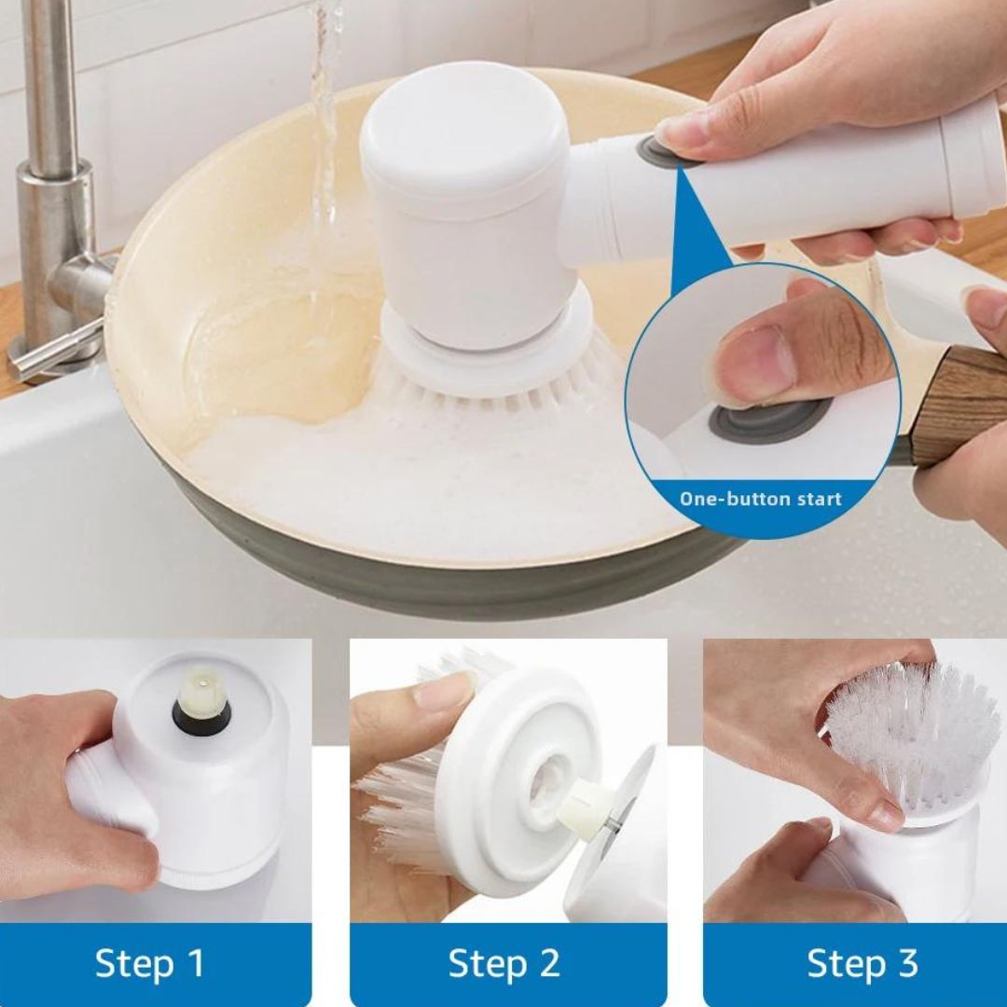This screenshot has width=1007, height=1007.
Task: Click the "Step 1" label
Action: pyautogui.click(x=149, y=962)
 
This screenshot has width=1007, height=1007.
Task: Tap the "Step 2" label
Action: pyautogui.click(x=504, y=962)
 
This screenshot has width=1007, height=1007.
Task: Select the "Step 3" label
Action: pyautogui.click(x=862, y=962)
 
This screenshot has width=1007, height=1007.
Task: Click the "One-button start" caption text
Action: pyautogui.click(x=761, y=499)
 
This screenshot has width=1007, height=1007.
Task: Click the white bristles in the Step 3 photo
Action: pyautogui.click(x=912, y=732)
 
